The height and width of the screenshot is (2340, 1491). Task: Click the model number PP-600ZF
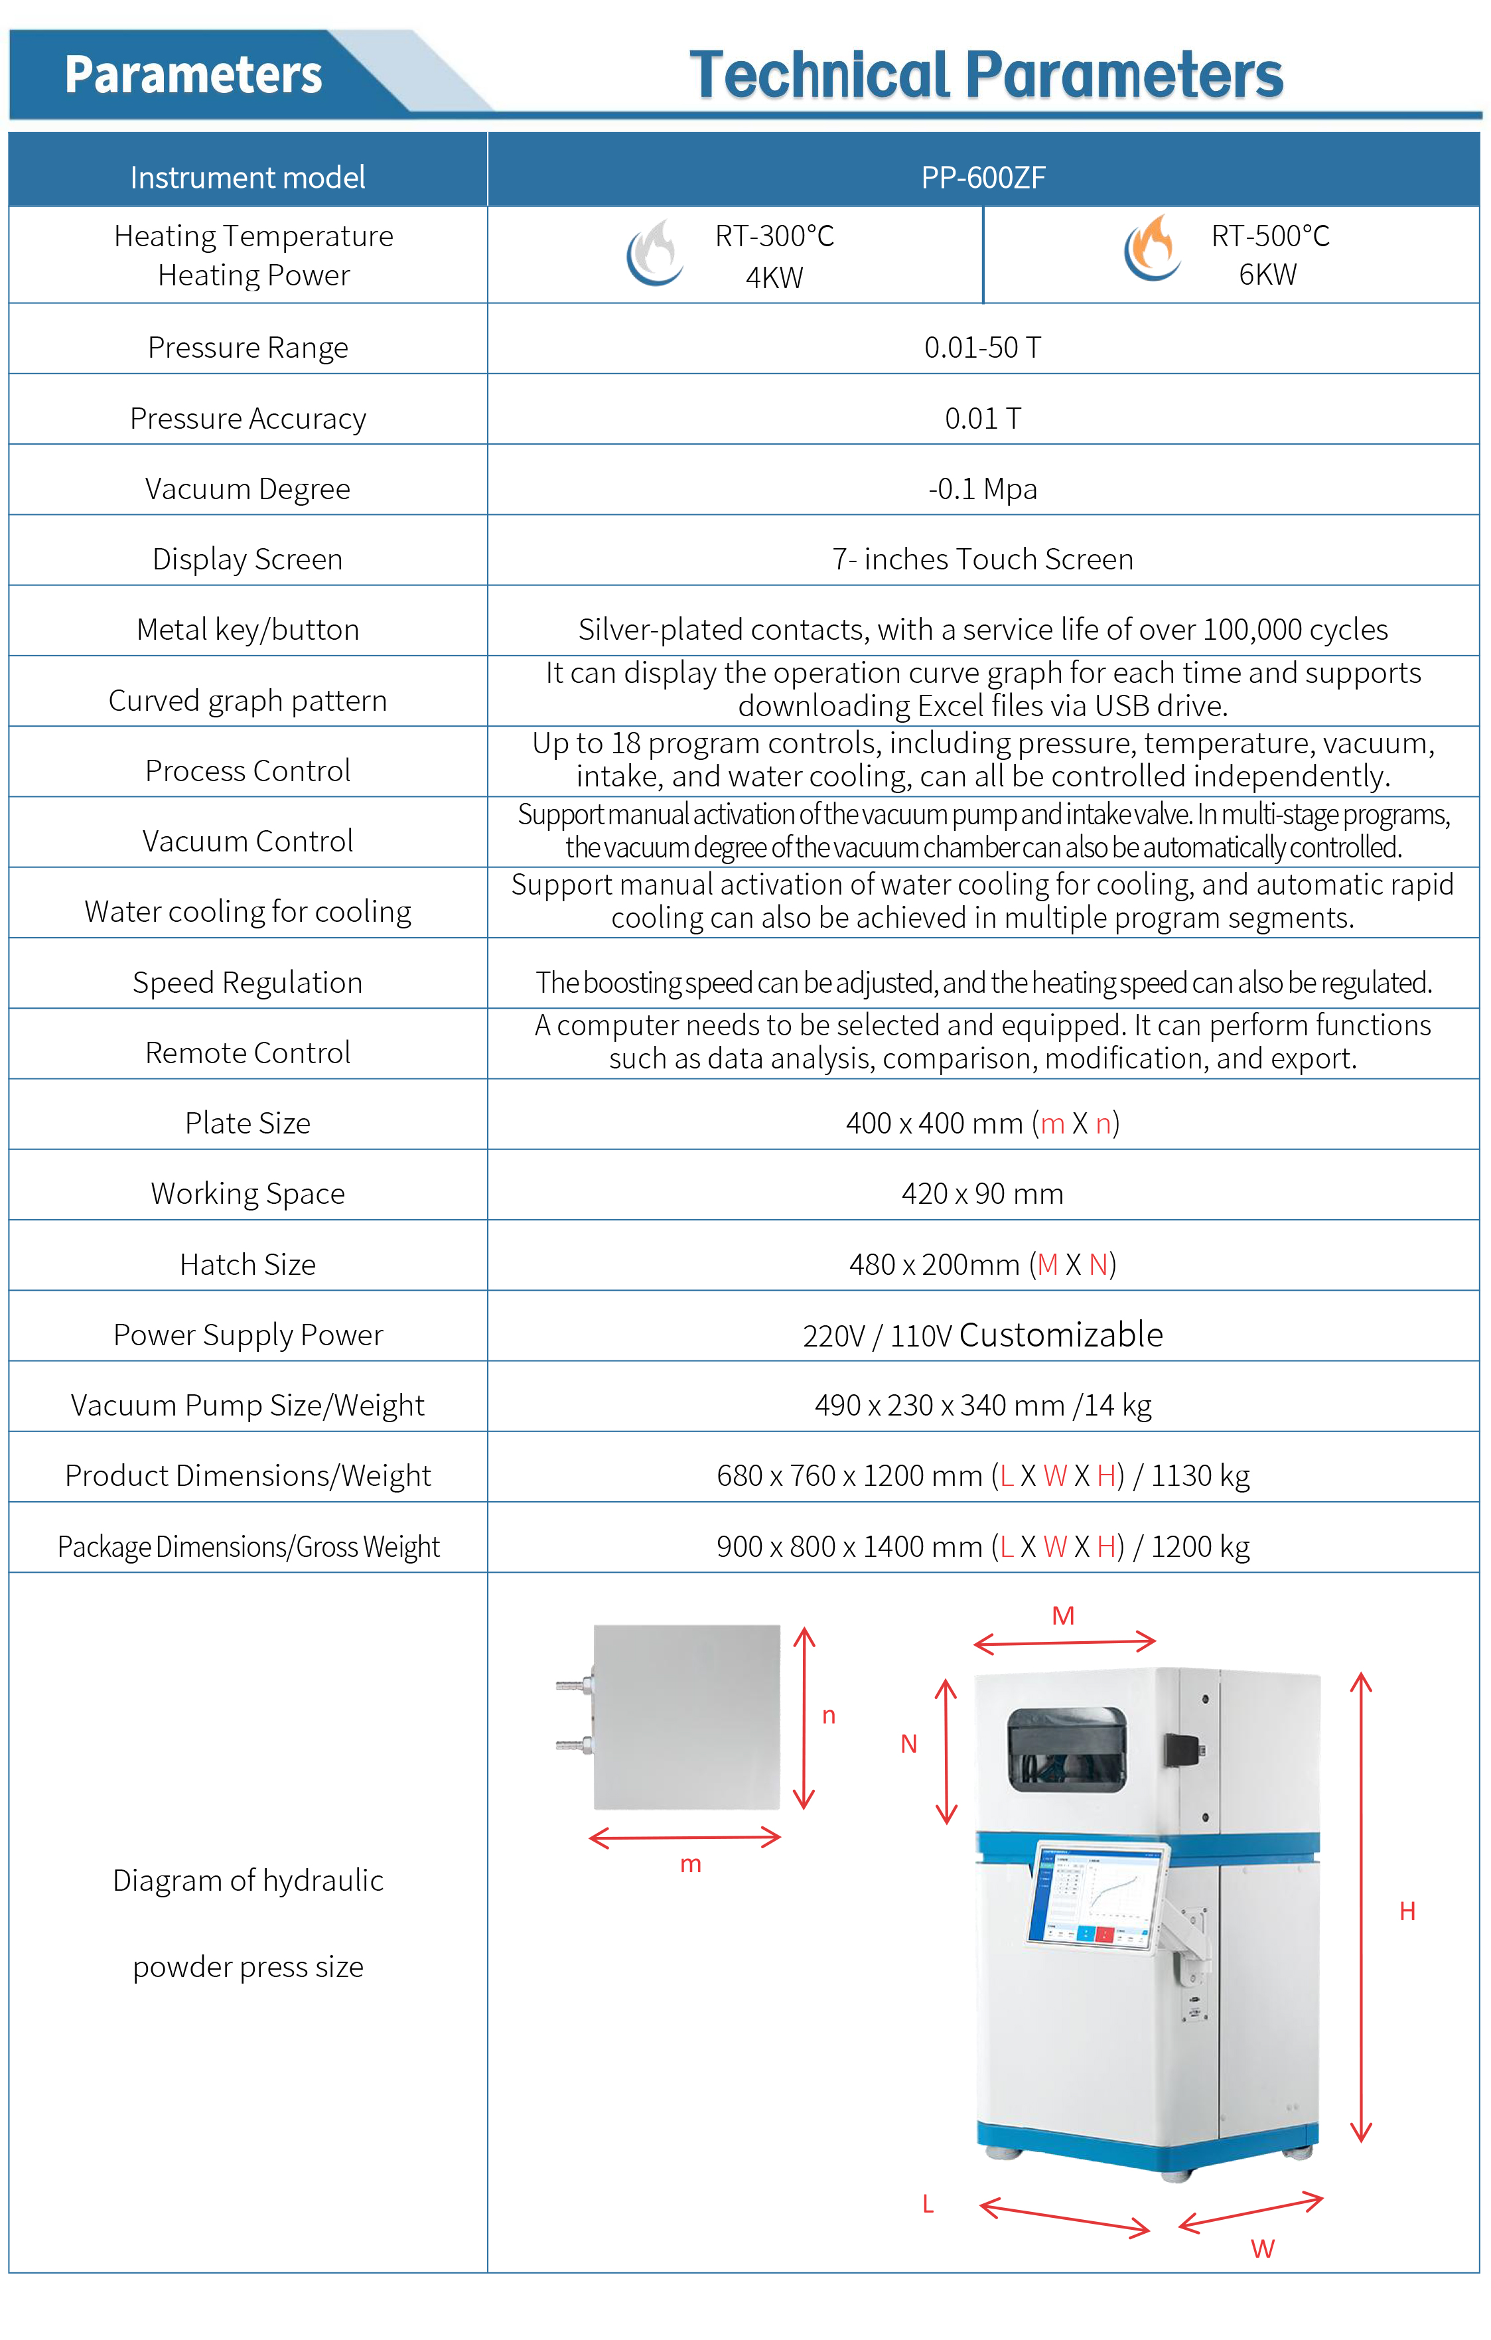pyautogui.click(x=983, y=178)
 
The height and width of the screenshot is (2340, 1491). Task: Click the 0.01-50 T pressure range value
pyautogui.click(x=982, y=348)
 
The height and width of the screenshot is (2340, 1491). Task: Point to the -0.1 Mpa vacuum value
pyautogui.click(x=982, y=489)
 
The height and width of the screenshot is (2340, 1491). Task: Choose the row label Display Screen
pyautogui.click(x=248, y=559)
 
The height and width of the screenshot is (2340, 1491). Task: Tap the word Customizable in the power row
pyautogui.click(x=1061, y=1335)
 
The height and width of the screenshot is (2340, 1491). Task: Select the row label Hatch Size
pyautogui.click(x=248, y=1264)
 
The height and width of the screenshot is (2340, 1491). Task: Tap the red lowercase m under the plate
pyautogui.click(x=691, y=1864)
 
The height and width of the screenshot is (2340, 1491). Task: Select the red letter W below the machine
pyautogui.click(x=1262, y=2248)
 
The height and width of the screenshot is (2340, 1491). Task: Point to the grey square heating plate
pyautogui.click(x=687, y=1717)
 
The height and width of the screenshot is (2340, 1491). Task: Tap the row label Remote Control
pyautogui.click(x=248, y=1053)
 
